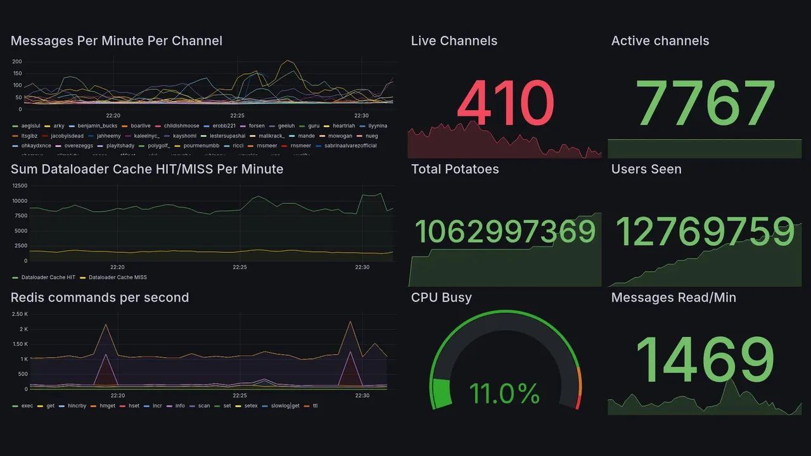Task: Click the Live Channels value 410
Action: (505, 103)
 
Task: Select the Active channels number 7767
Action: (705, 103)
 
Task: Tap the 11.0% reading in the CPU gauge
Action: (504, 393)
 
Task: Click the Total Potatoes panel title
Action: (455, 169)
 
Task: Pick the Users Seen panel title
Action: (646, 169)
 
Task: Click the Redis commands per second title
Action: (99, 298)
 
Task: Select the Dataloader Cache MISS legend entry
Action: (117, 277)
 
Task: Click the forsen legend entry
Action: (257, 126)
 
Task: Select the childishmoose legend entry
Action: (181, 126)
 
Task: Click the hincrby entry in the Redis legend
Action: (77, 406)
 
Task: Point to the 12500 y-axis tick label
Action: (20, 186)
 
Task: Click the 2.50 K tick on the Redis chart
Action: (20, 314)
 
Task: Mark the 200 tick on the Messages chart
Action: (17, 61)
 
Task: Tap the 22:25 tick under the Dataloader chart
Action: (239, 267)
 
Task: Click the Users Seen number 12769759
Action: (705, 232)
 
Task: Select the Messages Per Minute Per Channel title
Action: (117, 41)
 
